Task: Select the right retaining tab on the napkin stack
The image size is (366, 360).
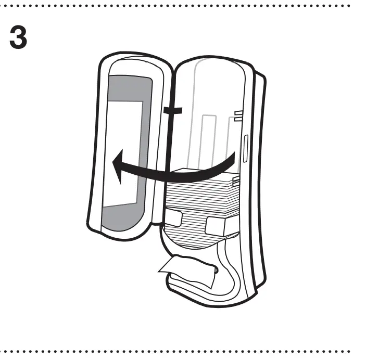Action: tap(217, 225)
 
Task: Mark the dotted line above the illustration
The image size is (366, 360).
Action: tap(182, 6)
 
